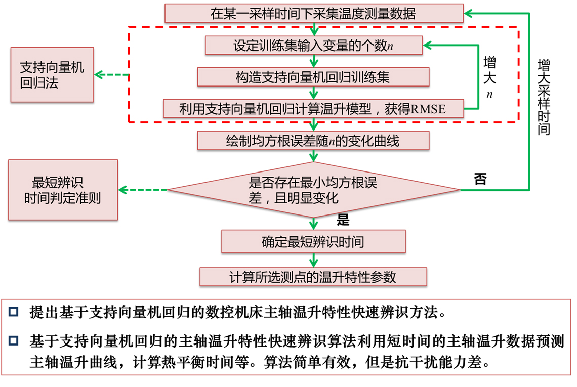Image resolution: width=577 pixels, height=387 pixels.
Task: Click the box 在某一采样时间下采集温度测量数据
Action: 313,13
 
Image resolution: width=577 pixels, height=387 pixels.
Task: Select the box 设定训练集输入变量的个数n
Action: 313,46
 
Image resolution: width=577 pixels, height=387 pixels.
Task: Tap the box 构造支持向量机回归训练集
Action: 313,77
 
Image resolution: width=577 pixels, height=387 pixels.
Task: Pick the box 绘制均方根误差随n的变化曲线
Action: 313,141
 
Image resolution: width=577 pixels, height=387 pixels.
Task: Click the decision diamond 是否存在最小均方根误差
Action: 313,190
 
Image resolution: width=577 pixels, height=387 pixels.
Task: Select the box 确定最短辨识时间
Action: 313,242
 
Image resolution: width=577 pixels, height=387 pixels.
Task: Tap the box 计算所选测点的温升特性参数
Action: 313,277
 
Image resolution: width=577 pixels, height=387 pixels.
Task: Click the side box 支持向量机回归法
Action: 52,75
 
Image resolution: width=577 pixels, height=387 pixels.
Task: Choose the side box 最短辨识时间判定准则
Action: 63,190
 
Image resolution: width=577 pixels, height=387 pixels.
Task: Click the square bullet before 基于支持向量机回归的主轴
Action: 13,340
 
